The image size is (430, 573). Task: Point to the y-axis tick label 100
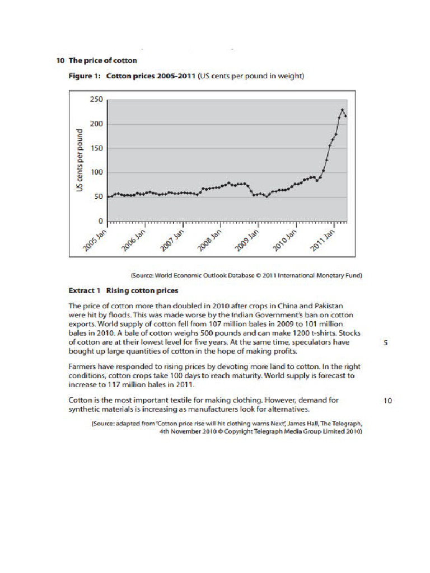click(x=96, y=172)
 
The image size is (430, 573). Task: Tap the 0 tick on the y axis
click(x=100, y=221)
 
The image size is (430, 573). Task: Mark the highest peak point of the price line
click(x=343, y=110)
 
